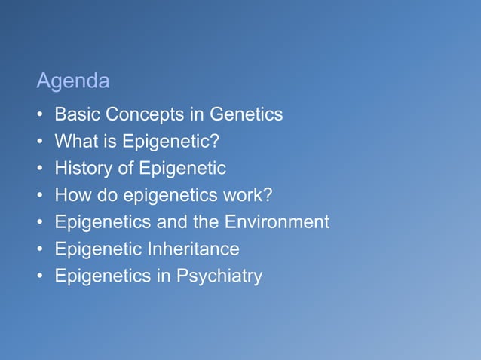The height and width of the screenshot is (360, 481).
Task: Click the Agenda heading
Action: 73,81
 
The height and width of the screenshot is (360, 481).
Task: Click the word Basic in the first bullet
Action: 78,114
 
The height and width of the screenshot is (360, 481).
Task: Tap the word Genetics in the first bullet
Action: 246,114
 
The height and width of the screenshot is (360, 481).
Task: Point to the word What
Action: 75,142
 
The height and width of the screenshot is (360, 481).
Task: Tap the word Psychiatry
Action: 219,276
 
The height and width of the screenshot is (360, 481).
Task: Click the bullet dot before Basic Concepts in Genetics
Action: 39,115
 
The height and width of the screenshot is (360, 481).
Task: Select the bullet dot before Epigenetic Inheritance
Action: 39,249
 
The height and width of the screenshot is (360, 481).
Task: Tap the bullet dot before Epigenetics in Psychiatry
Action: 39,276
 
